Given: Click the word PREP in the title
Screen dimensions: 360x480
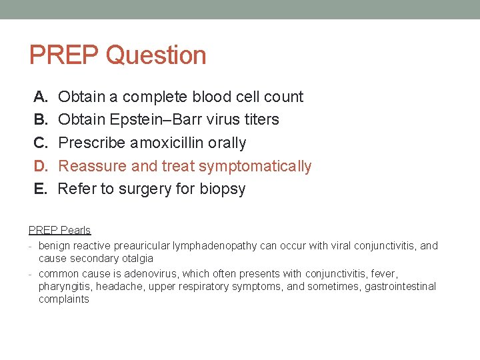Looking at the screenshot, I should pos(64,55).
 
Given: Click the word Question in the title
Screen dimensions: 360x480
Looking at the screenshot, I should pos(156,55).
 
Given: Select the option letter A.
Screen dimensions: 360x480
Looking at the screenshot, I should pos(41,97).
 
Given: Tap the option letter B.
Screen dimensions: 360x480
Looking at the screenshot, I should pos(41,120).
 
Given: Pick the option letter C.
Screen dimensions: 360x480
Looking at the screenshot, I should pos(41,143).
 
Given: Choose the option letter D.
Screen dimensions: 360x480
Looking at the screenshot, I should pos(41,166).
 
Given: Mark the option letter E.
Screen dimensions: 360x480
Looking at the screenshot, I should pos(41,189).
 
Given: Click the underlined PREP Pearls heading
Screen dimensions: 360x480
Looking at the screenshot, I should pos(59,231).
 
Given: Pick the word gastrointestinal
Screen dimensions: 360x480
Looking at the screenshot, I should pos(400,287).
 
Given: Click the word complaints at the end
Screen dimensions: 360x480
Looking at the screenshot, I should pos(63,299).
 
